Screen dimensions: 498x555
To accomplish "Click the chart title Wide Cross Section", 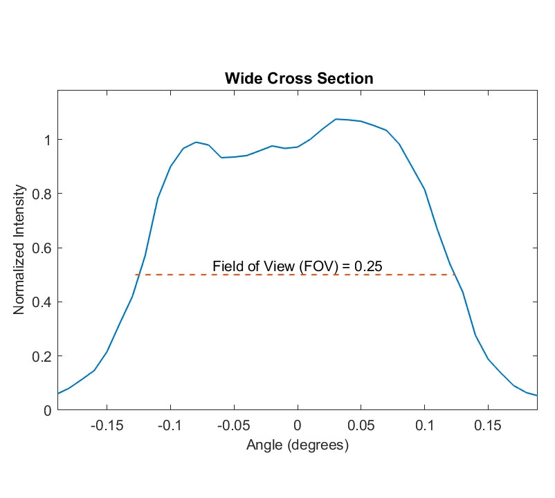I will point(299,79).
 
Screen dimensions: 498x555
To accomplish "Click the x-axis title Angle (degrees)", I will point(298,446).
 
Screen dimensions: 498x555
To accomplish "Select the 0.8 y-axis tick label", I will point(41,194).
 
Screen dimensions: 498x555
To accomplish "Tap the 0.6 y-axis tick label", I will point(41,248).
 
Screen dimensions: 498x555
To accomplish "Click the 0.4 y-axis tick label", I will point(41,302).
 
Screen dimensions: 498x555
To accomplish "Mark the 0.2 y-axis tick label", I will point(41,356).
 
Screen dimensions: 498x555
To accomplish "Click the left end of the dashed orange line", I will point(136,275).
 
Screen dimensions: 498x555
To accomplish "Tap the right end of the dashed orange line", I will point(455,275).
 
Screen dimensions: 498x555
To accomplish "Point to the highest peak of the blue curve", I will point(336,119).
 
